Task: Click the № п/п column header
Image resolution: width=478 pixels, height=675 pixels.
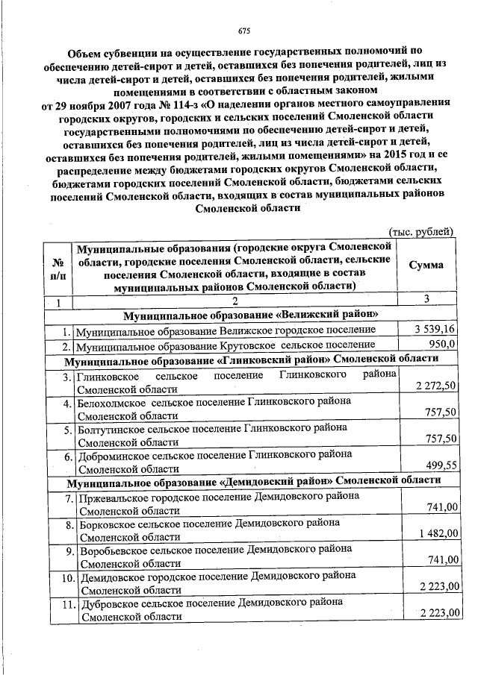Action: (x=58, y=270)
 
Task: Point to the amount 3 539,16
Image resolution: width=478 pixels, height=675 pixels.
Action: (x=435, y=330)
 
